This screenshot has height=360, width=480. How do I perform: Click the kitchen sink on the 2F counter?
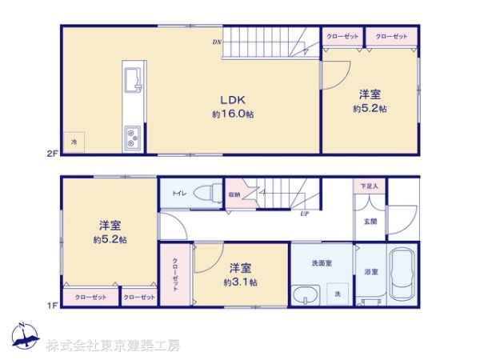click(131, 80)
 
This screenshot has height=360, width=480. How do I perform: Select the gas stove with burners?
click(132, 138)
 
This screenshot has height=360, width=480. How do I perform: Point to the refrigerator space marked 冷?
click(74, 142)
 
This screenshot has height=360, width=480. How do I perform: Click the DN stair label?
click(216, 42)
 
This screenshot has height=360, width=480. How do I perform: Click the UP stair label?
click(305, 214)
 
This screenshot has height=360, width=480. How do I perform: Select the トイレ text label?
click(179, 193)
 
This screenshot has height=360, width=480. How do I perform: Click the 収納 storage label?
click(234, 193)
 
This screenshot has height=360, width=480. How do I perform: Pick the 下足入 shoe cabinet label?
click(368, 186)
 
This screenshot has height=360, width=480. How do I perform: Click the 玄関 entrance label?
click(370, 222)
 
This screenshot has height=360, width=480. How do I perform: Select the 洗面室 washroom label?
click(322, 262)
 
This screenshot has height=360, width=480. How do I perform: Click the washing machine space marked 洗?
click(338, 294)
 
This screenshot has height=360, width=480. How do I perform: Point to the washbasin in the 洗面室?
click(306, 297)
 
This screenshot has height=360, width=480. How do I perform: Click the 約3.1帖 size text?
click(241, 282)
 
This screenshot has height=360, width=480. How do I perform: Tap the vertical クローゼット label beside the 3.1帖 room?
click(174, 275)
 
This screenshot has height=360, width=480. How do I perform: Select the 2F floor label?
click(51, 152)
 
